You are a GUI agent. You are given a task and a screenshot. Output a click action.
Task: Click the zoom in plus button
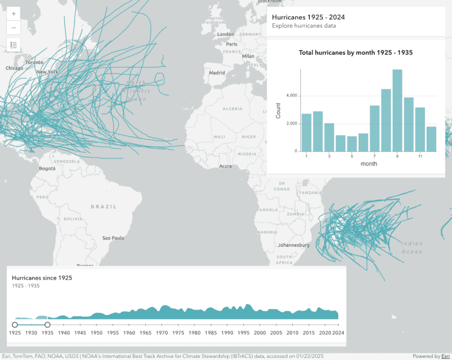pos(14,13)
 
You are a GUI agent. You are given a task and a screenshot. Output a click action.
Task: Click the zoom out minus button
pos(14,27)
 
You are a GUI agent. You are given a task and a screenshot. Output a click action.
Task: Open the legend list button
pos(14,45)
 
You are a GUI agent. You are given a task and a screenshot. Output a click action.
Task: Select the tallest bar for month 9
pos(397,110)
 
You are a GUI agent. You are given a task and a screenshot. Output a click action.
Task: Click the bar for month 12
pos(431,139)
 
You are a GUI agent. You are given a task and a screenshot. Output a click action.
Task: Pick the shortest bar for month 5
pos(351,144)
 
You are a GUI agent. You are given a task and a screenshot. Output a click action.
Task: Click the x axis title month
pos(369,164)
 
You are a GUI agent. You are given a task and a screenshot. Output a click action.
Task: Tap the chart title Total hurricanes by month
pos(355,53)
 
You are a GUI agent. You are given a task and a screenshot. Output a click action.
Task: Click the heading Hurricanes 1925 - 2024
pos(304,17)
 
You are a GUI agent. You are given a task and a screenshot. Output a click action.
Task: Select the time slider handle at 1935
pos(48,325)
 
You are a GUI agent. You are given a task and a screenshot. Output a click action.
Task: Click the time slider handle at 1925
pos(15,325)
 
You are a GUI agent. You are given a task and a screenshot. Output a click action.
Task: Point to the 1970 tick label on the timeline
pos(162,333)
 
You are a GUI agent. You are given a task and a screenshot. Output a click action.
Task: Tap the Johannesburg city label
pos(293,245)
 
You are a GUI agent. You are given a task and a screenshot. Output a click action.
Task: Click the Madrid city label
pos(217,73)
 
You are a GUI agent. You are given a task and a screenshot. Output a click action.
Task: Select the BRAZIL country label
pos(104,206)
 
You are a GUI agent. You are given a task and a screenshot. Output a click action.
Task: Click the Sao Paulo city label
pos(113,238)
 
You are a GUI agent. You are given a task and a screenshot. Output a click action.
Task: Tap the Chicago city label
pos(14,68)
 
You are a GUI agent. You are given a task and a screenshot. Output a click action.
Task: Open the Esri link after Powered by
pos(445,356)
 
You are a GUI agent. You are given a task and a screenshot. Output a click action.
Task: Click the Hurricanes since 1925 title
pos(42,277)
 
